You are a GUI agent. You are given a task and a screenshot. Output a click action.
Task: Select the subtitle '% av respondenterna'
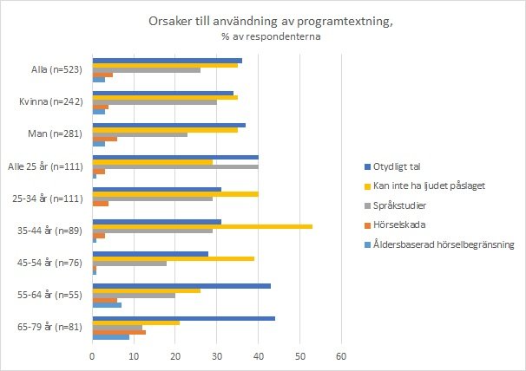coord(263,37)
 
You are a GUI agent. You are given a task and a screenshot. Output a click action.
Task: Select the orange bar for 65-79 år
coord(119,331)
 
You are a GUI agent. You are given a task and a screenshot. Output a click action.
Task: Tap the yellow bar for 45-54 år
coord(174,259)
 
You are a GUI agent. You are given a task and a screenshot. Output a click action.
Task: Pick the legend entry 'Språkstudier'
coord(403,205)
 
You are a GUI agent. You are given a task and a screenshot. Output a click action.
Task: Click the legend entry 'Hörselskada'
coord(401,225)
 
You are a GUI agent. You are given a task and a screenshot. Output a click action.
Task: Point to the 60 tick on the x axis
coord(341,355)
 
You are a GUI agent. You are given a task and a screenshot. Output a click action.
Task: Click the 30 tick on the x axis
coord(217,355)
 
